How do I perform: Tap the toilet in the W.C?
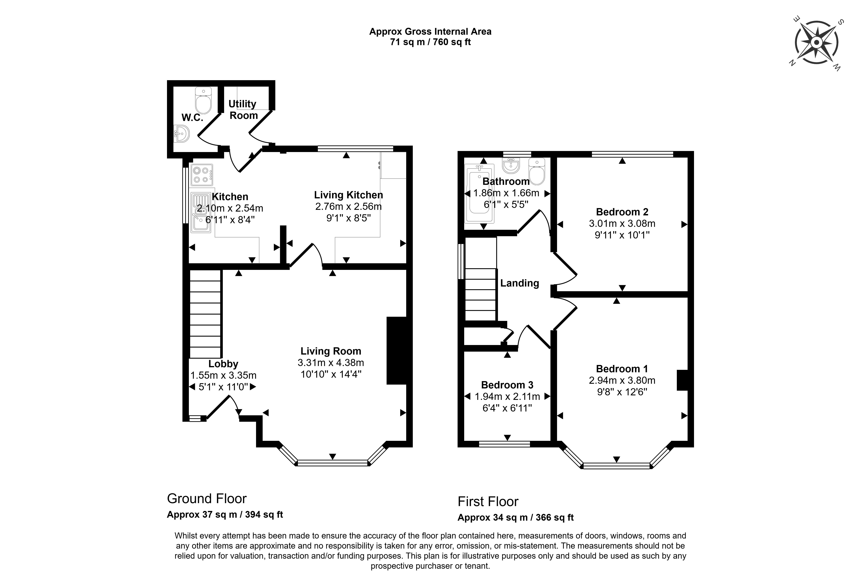point(203,101)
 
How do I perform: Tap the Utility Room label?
point(243,110)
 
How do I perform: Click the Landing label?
point(519,283)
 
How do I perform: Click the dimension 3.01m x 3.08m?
point(622,224)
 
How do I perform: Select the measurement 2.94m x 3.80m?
point(622,380)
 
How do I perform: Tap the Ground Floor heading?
point(207,499)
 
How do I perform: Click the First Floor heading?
point(488,502)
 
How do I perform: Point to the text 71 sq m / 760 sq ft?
point(430,42)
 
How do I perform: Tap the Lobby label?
point(223,364)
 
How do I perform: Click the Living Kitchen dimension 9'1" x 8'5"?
point(348,218)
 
